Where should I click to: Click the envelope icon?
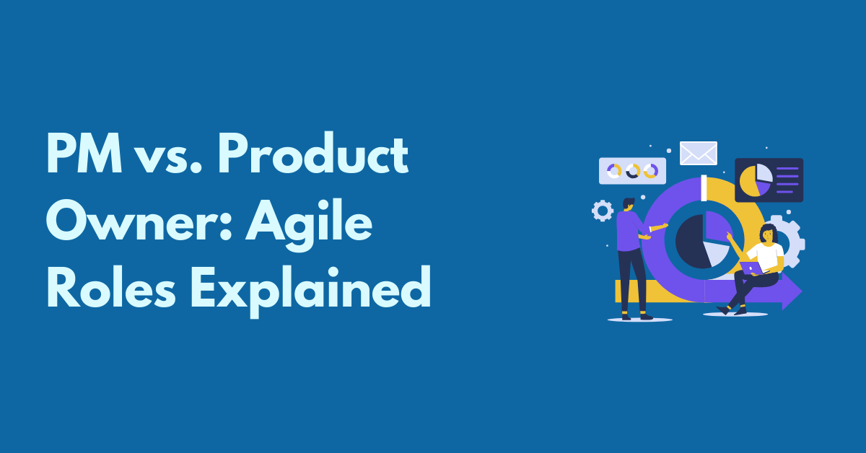698,153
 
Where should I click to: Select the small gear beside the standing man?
602,211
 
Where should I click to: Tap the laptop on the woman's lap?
751,268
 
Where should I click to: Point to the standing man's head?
629,205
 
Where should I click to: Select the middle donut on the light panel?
632,171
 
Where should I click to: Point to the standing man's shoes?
638,315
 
